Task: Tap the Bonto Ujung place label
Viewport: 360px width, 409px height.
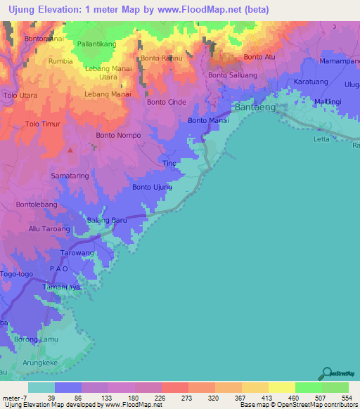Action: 152,187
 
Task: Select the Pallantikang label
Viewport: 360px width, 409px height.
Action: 97,44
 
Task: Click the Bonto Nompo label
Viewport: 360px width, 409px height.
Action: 119,135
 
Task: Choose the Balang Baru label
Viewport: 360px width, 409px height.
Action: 106,221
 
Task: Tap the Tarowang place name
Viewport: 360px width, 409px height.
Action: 77,252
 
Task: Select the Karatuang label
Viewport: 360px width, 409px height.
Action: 310,82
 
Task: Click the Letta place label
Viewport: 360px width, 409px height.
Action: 321,139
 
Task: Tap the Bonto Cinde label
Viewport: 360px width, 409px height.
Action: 167,102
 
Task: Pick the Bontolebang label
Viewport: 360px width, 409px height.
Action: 37,205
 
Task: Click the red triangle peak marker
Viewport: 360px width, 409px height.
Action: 70,149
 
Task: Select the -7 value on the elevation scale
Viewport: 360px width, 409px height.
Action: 25,397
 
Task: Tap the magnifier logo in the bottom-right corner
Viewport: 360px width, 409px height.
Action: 326,373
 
